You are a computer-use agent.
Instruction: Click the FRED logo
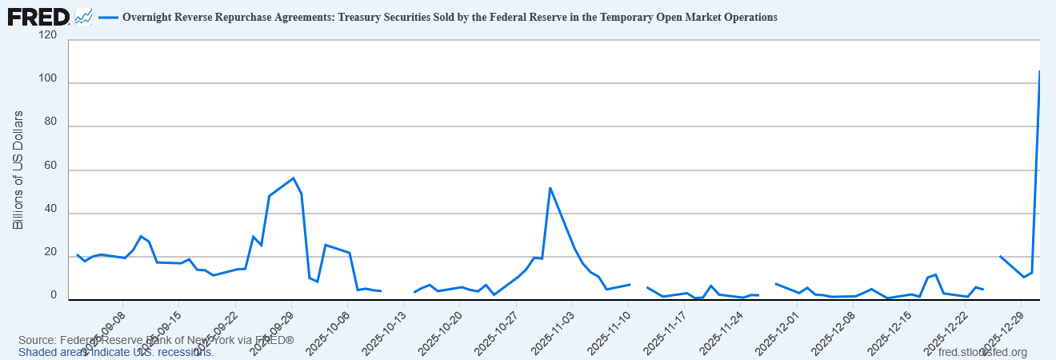pyautogui.click(x=38, y=15)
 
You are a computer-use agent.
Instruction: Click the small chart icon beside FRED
pyautogui.click(x=83, y=16)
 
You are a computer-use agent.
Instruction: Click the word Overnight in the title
pyautogui.click(x=150, y=17)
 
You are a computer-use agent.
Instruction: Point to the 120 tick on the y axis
pyautogui.click(x=47, y=36)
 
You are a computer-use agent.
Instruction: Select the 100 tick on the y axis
pyautogui.click(x=47, y=79)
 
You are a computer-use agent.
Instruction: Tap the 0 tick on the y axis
pyautogui.click(x=54, y=296)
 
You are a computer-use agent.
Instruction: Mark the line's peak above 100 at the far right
pyautogui.click(x=1039, y=71)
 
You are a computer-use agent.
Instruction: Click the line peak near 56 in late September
pyautogui.click(x=294, y=178)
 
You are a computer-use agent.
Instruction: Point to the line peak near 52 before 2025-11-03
pyautogui.click(x=550, y=187)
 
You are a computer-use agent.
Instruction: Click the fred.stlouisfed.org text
pyautogui.click(x=982, y=352)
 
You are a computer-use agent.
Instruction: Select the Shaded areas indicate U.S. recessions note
pyautogui.click(x=116, y=352)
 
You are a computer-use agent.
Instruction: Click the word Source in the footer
pyautogui.click(x=37, y=341)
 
